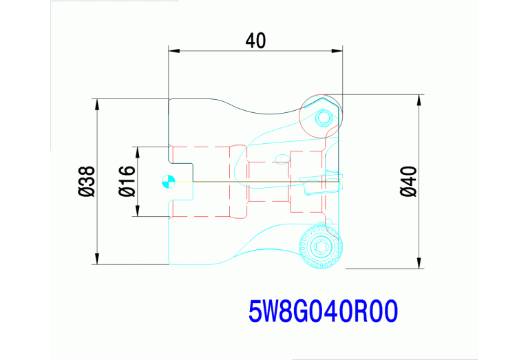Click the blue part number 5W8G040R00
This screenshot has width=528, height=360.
[x=324, y=312]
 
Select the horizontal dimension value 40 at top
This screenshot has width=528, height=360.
[x=255, y=41]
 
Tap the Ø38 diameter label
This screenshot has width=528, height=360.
[x=87, y=181]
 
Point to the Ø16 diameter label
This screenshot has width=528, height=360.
[x=127, y=181]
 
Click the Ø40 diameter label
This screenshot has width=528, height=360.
[x=409, y=181]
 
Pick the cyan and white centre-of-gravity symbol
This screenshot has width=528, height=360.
[x=169, y=182]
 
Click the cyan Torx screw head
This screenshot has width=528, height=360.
[x=321, y=247]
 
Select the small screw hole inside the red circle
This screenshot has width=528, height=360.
[x=323, y=118]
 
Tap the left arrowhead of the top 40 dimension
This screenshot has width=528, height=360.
[x=174, y=51]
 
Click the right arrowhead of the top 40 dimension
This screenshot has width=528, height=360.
[x=337, y=51]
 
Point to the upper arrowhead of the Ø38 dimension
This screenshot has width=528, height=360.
[x=97, y=105]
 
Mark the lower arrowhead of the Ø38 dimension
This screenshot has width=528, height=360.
[x=97, y=259]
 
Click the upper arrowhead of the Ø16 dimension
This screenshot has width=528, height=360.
[x=138, y=153]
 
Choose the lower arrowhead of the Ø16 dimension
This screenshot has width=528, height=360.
[x=138, y=211]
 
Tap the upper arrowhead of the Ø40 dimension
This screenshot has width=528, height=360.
[x=419, y=100]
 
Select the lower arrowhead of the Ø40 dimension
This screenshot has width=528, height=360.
[x=419, y=263]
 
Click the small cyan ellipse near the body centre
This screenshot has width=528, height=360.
[x=282, y=159]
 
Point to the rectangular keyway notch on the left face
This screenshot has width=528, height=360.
[x=181, y=182]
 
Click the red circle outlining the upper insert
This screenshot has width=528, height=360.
[x=299, y=116]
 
